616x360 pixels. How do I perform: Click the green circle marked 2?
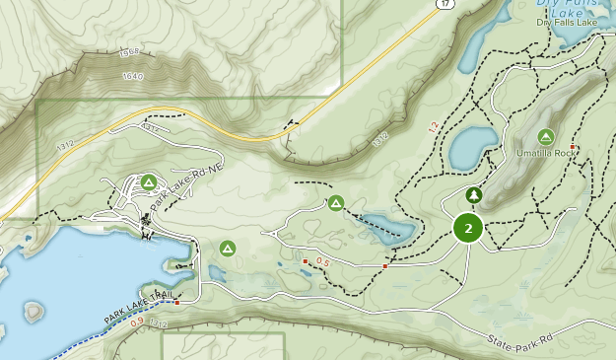(468, 229)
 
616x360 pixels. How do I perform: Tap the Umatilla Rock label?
(545, 154)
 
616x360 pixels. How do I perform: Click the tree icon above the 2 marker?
(474, 195)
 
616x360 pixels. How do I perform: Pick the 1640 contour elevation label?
(132, 76)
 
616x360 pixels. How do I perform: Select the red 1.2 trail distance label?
(433, 126)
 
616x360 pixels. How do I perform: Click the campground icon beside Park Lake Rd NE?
(149, 181)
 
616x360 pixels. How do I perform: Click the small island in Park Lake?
(34, 312)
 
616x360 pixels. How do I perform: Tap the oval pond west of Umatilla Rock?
(473, 148)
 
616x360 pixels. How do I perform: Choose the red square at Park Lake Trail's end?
(176, 303)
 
